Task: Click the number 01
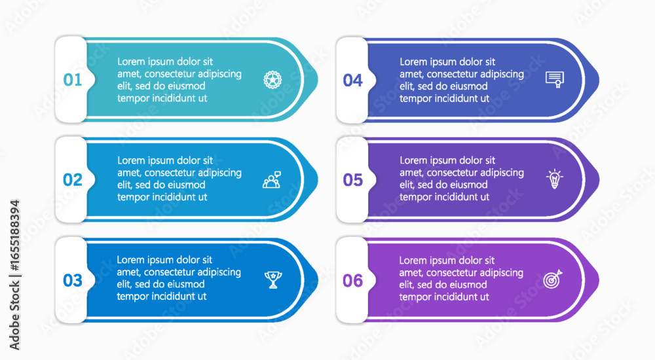[73, 80]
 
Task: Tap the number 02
[73, 180]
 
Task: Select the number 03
[73, 280]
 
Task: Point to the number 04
[353, 81]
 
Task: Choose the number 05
[353, 180]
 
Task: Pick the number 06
[353, 281]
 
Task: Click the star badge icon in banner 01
[272, 79]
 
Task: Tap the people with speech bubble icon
[272, 179]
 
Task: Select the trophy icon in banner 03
[273, 279]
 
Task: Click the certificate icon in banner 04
[555, 79]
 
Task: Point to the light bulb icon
[554, 179]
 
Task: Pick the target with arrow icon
[553, 279]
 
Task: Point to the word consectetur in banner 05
[462, 173]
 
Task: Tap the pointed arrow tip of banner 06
[599, 280]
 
